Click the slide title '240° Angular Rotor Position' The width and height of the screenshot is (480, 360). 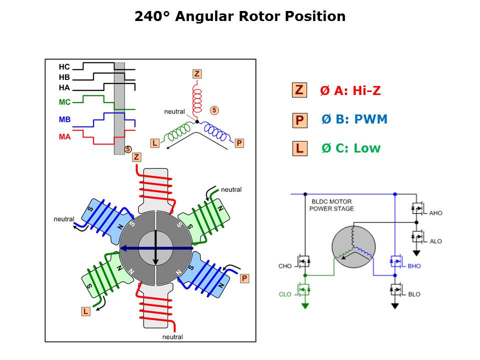240,16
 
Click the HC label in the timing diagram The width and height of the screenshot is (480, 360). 64,66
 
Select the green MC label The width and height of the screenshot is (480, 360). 64,102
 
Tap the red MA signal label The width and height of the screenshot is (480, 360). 64,136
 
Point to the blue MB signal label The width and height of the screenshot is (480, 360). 64,120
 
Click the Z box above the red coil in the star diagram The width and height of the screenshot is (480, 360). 197,74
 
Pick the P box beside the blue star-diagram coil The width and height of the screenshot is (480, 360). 239,143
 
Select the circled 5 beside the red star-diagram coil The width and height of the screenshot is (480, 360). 214,109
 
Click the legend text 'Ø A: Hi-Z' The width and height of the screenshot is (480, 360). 350,90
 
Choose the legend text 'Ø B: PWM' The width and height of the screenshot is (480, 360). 354,119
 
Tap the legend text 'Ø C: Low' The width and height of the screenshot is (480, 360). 351,148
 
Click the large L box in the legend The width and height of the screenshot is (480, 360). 299,148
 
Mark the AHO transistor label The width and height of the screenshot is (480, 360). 435,213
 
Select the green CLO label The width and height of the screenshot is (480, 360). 285,294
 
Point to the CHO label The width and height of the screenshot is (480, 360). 285,266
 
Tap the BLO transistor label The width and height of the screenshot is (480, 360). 414,294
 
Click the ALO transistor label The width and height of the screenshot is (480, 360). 435,241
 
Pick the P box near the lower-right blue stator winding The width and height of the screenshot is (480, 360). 244,278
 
